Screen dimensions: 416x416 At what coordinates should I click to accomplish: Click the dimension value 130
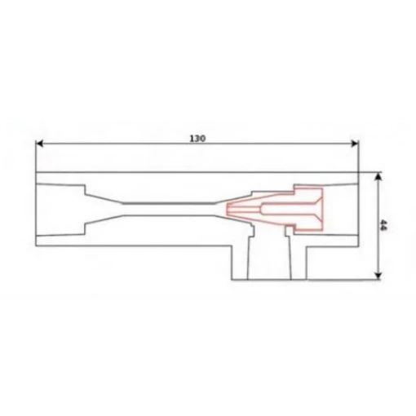(197, 139)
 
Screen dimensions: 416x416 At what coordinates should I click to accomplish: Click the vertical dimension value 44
(383, 225)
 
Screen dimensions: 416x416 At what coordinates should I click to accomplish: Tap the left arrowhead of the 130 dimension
(39, 144)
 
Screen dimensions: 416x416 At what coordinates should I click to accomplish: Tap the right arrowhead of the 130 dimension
(355, 144)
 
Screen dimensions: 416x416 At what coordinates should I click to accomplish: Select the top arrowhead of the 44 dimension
(378, 176)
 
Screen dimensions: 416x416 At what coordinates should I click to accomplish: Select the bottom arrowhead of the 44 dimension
(378, 276)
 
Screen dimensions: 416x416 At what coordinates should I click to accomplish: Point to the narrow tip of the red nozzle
(228, 210)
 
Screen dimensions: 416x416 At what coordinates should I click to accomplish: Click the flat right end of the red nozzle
(322, 209)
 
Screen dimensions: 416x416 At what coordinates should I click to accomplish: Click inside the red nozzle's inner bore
(288, 209)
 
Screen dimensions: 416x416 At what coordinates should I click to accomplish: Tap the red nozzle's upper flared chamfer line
(319, 200)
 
